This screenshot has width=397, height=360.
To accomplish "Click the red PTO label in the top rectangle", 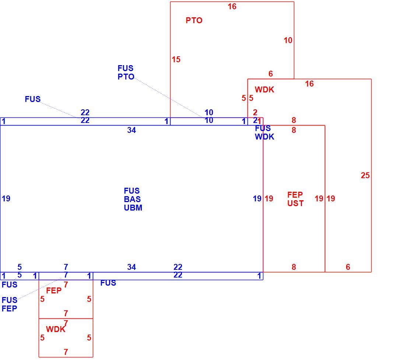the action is click(194, 21).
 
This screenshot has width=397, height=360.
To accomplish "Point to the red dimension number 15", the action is click(176, 60).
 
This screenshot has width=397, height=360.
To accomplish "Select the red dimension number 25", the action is click(365, 175).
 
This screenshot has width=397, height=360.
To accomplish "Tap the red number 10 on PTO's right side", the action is click(288, 40).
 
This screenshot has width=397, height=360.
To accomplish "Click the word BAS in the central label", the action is click(132, 199).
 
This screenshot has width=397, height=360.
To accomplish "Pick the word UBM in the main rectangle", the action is click(133, 208).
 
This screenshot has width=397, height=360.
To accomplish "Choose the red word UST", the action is click(295, 204).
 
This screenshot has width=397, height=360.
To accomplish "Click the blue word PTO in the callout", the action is click(126, 77).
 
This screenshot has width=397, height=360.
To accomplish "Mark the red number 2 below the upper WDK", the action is click(255, 112).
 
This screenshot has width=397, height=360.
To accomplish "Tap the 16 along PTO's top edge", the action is click(232, 7).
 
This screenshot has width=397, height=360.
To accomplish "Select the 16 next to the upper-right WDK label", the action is click(309, 84).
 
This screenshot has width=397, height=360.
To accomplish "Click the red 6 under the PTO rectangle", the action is click(271, 74).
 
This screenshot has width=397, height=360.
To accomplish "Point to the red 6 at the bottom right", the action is click(348, 267).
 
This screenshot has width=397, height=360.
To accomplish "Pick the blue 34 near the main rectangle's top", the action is click(131, 130).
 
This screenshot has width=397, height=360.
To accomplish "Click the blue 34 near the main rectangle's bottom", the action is click(131, 267).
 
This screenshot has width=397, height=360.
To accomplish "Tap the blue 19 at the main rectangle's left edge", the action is click(6, 199).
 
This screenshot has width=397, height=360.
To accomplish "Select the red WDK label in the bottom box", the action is click(56, 329).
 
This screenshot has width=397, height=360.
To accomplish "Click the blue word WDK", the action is click(264, 137).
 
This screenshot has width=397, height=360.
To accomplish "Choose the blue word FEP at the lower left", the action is click(9, 308).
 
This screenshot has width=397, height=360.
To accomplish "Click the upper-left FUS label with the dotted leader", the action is click(33, 99).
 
